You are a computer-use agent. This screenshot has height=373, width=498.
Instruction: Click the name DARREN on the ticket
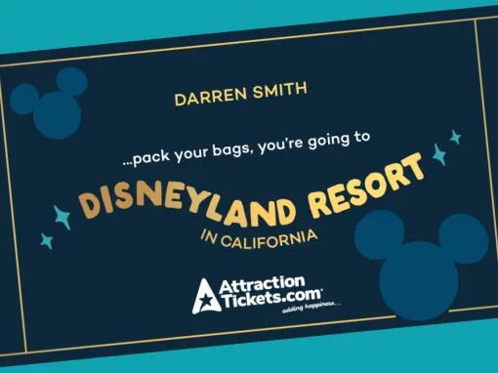[x=201, y=97]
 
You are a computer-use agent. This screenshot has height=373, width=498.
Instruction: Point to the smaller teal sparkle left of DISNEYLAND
[x=45, y=238]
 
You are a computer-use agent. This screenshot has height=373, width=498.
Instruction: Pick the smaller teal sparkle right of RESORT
[x=454, y=137]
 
